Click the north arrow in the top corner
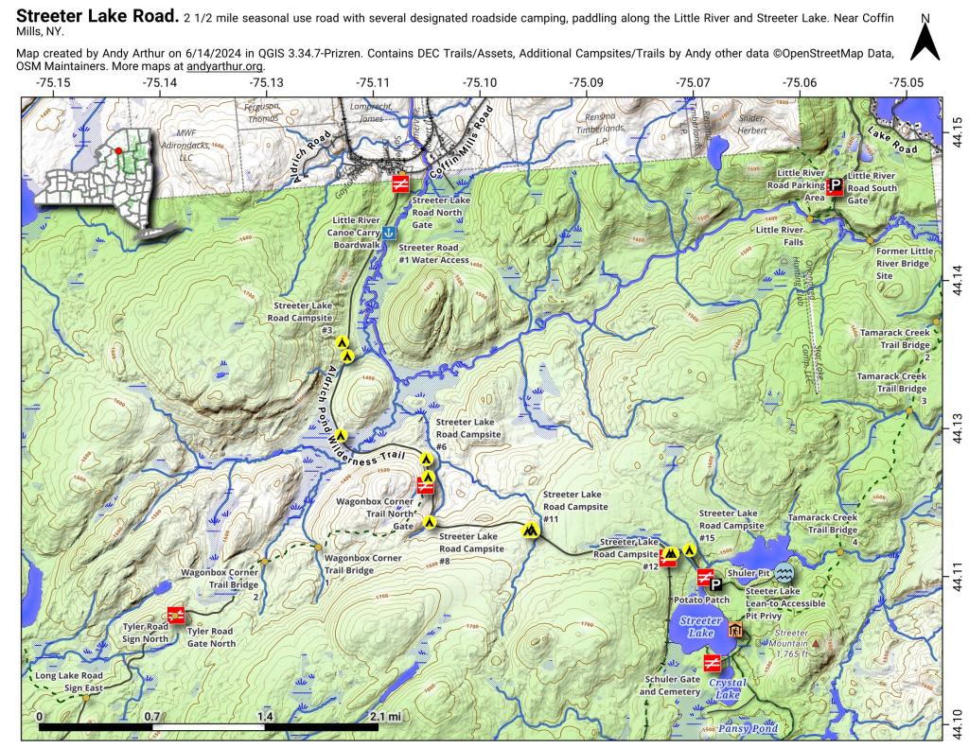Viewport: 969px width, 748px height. point(925,39)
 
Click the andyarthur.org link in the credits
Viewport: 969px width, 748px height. point(225,66)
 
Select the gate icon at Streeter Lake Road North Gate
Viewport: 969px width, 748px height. point(401,183)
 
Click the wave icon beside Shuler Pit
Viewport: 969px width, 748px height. point(784,573)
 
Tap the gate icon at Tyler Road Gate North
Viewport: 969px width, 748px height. point(175,615)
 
